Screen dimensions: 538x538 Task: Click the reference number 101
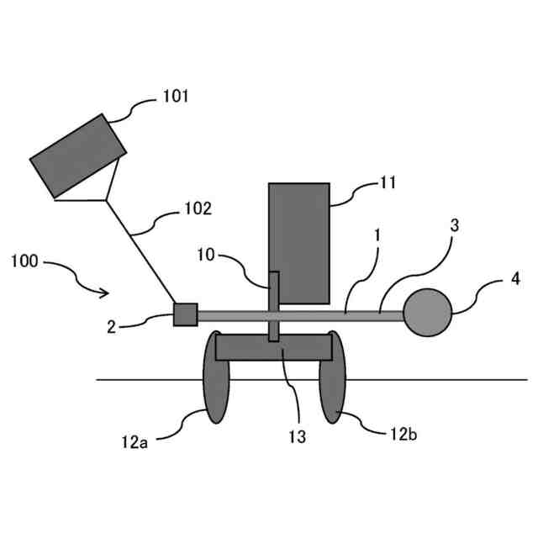pos(175,97)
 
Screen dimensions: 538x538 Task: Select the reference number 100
pos(24,261)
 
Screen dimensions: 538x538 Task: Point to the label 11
pos(388,182)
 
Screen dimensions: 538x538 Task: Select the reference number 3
pos(454,226)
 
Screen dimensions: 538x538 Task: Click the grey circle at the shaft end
pos(427,312)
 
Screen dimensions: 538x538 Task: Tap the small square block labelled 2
pos(185,314)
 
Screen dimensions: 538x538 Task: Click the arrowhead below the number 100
pos(105,293)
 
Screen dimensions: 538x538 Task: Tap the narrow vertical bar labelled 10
pos(274,306)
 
